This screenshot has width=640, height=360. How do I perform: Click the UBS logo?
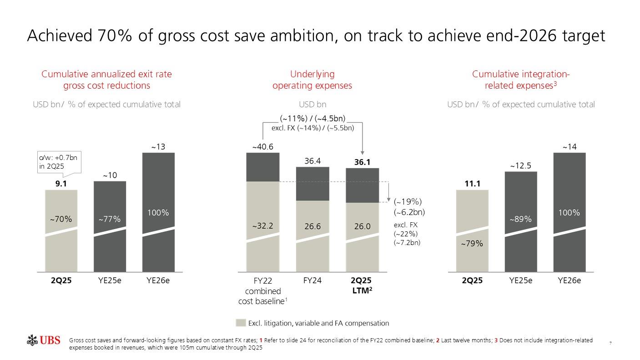[44, 340]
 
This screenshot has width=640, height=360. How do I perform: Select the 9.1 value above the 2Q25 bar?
[60, 184]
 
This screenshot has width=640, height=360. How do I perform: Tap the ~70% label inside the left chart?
[60, 219]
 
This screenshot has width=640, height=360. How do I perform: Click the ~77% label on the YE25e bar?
[109, 219]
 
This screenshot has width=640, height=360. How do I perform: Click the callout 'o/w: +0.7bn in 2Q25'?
[58, 162]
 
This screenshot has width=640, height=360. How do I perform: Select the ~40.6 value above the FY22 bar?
[262, 146]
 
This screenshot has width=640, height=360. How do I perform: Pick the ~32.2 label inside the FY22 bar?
[262, 226]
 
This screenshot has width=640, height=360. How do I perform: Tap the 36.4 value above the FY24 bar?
[312, 161]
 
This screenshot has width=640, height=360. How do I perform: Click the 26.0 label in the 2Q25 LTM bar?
[362, 226]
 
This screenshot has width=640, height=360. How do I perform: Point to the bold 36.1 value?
[362, 162]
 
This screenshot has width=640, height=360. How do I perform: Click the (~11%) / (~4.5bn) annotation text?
[312, 119]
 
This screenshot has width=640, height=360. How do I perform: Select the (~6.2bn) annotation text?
[409, 212]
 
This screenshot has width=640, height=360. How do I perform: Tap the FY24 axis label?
[312, 280]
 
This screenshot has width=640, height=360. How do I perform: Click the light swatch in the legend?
[241, 323]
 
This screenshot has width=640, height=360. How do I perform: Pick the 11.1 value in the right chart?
[472, 184]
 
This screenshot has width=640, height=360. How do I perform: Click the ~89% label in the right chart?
[520, 219]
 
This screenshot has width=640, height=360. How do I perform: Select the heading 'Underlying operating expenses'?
[312, 80]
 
